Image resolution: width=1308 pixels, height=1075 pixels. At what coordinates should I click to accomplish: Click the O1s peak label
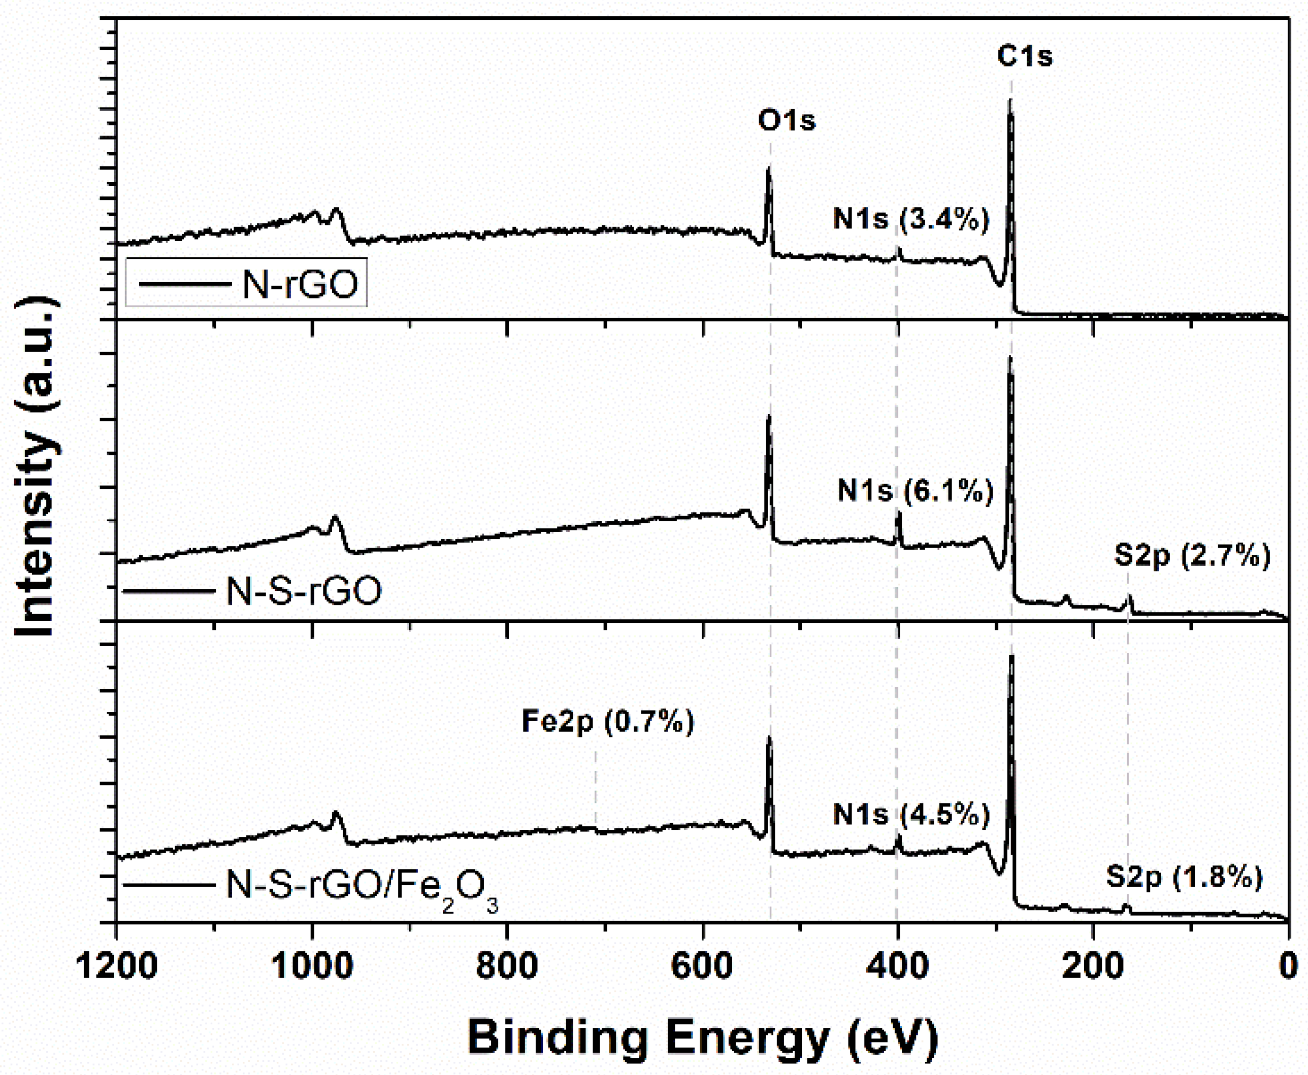tap(787, 120)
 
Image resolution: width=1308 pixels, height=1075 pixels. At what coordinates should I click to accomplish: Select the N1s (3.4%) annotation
tap(911, 219)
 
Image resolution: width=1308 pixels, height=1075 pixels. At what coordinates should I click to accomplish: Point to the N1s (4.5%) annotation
tap(911, 814)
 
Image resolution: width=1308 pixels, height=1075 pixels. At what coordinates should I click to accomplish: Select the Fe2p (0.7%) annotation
tap(608, 721)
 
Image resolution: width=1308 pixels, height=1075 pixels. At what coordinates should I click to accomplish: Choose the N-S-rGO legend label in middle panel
tap(304, 591)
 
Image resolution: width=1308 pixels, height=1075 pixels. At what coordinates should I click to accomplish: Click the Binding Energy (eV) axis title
tap(702, 1037)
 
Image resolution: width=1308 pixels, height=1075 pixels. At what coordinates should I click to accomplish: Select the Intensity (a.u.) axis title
tap(36, 467)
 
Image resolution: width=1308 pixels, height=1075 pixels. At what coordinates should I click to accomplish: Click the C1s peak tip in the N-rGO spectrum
tap(1010, 100)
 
